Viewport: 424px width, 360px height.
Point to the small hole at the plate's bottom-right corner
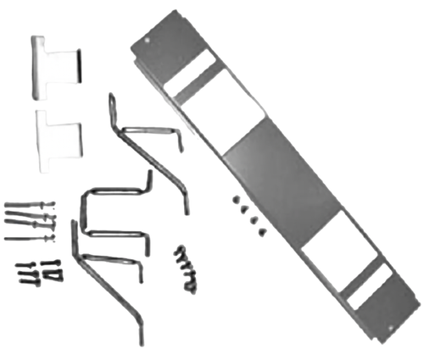391,328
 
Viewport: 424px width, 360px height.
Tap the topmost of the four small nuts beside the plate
234,197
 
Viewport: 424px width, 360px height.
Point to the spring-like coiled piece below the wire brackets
187,269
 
